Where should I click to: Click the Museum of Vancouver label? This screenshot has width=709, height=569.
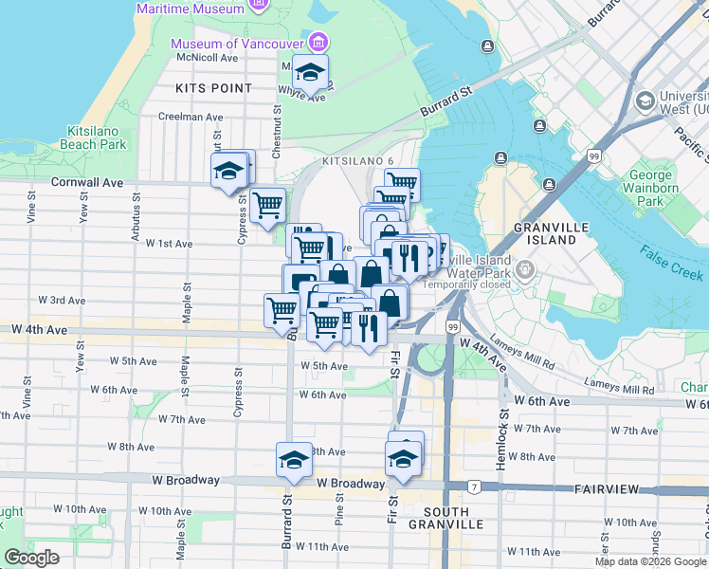tap(236, 45)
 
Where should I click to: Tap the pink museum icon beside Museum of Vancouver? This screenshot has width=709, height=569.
tap(318, 43)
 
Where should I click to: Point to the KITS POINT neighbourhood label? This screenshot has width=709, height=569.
tap(213, 88)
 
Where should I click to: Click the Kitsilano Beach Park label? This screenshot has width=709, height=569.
tap(97, 138)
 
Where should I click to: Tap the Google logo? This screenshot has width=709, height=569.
tap(31, 558)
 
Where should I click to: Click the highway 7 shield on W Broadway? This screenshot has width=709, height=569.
tap(470, 486)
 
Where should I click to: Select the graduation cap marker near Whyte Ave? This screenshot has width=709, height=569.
tap(309, 72)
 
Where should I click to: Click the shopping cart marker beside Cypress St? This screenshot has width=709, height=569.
tap(268, 204)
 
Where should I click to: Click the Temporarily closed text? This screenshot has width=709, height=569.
tap(468, 284)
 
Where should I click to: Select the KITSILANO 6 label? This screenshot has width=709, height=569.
tap(357, 161)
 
